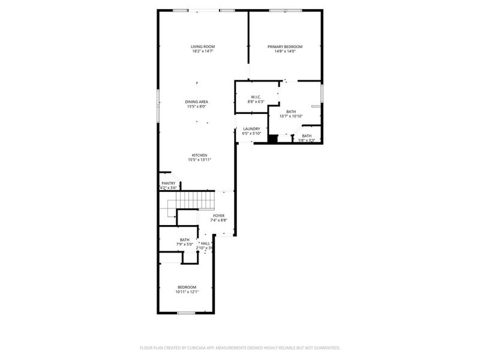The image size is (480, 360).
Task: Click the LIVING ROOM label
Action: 203,47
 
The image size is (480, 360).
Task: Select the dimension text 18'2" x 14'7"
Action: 203,52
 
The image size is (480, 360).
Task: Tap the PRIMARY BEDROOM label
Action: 285,47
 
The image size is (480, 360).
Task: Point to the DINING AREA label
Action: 196,102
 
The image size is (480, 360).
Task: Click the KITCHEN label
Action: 199,155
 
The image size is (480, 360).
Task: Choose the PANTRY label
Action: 168,184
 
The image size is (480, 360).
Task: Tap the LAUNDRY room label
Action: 251,128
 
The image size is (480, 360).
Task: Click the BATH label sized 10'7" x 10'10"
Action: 291,112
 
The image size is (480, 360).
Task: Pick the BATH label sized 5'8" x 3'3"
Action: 307,136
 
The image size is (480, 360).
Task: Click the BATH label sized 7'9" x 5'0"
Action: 185,240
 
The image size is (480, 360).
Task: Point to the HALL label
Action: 205,244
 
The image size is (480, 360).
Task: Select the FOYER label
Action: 218,215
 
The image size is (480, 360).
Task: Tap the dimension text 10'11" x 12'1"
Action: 187,292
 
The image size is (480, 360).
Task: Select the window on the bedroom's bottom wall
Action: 186,313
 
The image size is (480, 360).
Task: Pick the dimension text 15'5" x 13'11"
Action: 199,160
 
